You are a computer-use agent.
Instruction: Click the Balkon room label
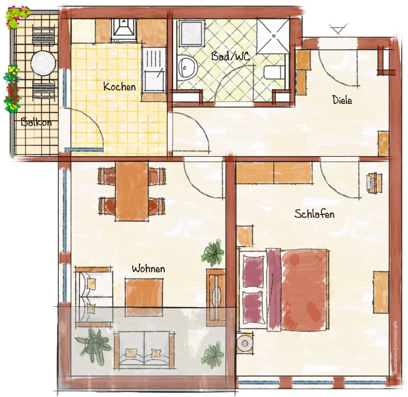pyautogui.click(x=36, y=122)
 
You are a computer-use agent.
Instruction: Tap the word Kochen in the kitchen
pyautogui.click(x=120, y=87)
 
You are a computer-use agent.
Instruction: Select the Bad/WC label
pyautogui.click(x=231, y=56)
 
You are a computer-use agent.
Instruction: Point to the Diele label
pyautogui.click(x=342, y=100)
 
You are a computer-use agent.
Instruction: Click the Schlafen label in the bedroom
pyautogui.click(x=314, y=214)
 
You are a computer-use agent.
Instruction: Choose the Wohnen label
pyautogui.click(x=148, y=269)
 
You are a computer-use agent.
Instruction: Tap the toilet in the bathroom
pyautogui.click(x=274, y=72)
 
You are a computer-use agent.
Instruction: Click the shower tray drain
pyautogui.click(x=274, y=36)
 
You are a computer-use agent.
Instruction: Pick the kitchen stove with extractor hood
pyautogui.click(x=124, y=30)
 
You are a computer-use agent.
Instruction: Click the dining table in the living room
pyautogui.click(x=132, y=191)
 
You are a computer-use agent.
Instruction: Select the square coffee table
pyautogui.click(x=144, y=296)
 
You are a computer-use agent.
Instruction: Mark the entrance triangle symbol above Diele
pyautogui.click(x=338, y=29)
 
